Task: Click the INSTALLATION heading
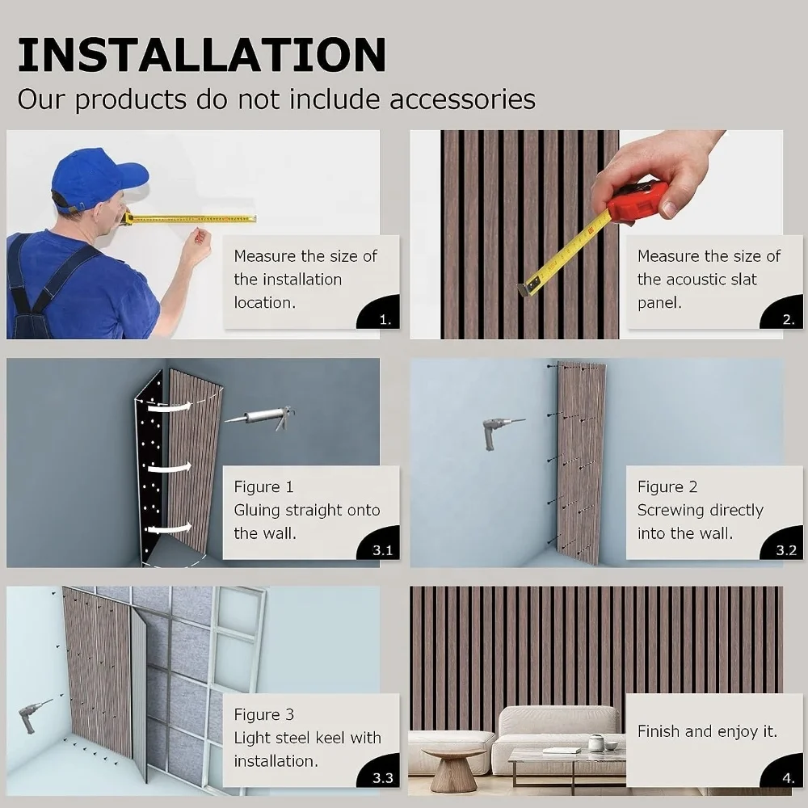coord(201,54)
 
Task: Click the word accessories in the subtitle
coord(462,99)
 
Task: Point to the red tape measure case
coord(638,201)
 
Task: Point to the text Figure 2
coord(667,487)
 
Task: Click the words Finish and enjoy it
coord(707,731)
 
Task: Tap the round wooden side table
coord(453,768)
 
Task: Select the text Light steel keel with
coord(307,738)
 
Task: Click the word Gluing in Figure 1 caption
coord(258,511)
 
